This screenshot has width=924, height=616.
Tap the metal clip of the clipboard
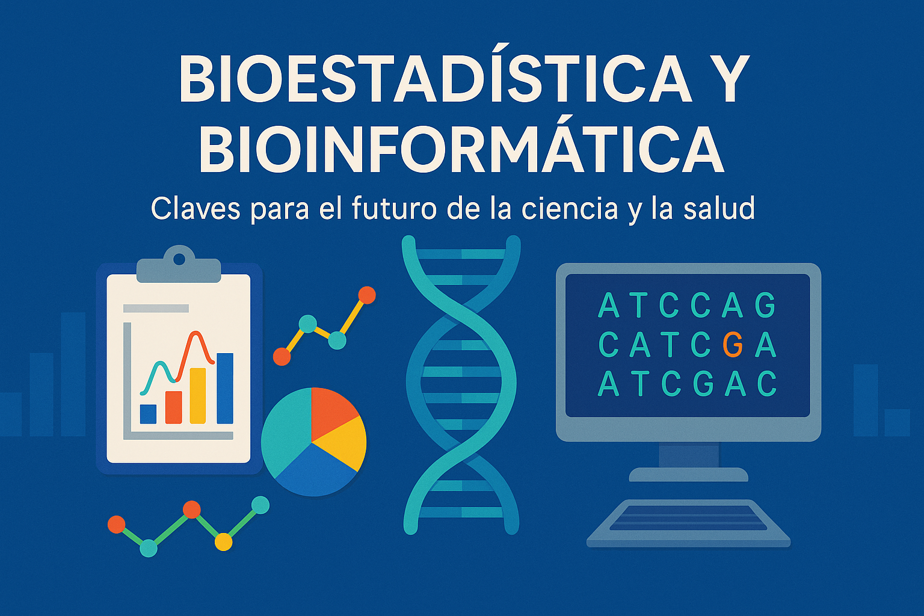179,265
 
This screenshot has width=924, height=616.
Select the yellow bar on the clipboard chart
197,396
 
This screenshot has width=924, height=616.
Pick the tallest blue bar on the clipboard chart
225,388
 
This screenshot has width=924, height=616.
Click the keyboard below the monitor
688,523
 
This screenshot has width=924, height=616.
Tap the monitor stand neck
688,455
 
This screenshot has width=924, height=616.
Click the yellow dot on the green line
223,542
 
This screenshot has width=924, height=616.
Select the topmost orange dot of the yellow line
366,295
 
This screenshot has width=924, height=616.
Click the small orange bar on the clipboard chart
173,407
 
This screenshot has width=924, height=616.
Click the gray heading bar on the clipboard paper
156,308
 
